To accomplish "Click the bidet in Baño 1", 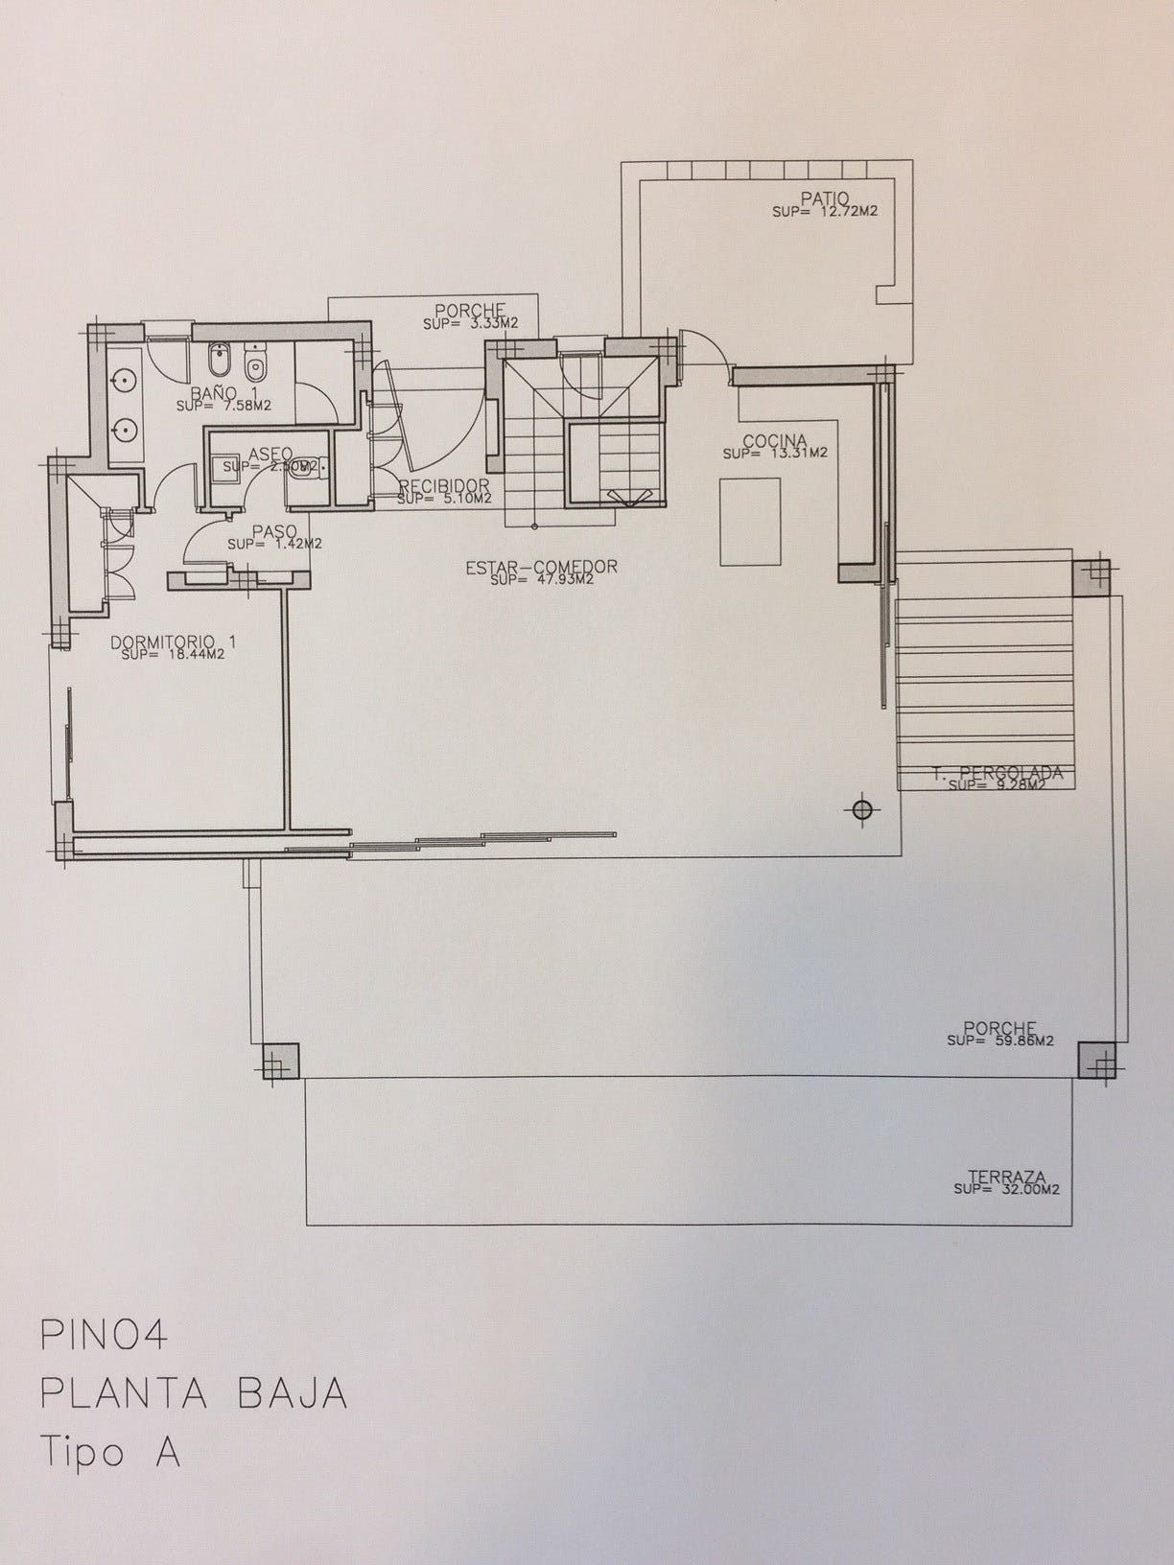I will (217, 363).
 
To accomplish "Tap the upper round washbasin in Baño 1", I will (125, 381).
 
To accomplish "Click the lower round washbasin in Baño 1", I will (125, 429).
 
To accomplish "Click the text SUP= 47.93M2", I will (541, 580).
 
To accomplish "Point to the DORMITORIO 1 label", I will (173, 642).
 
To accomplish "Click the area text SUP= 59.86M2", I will (999, 1040).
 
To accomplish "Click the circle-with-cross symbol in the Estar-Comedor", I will (861, 810).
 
